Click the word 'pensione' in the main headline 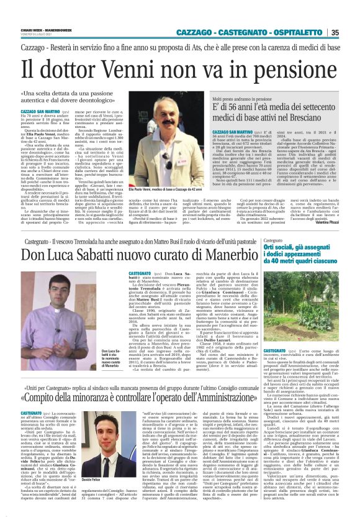click(x=277, y=67)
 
